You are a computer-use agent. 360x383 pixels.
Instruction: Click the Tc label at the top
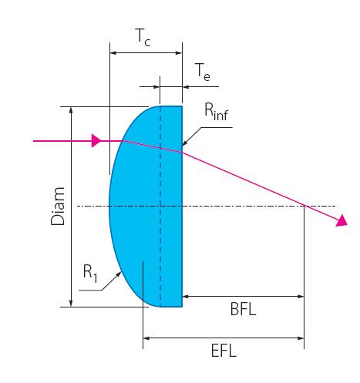143,38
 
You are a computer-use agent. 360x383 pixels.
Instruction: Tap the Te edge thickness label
203,72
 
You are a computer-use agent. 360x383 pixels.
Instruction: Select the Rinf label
217,112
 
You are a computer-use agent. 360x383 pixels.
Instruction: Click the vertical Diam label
58,207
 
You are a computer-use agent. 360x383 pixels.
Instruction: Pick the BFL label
243,309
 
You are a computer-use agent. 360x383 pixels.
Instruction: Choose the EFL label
224,351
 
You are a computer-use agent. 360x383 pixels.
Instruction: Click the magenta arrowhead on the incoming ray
96,141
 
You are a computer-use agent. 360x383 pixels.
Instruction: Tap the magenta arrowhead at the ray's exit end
341,221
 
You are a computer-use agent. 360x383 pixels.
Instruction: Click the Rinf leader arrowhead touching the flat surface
185,143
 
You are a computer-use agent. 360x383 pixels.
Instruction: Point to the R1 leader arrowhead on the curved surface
119,274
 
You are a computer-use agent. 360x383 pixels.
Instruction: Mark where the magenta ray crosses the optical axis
304,206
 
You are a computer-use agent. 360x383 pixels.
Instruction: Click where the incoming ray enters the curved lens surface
123,141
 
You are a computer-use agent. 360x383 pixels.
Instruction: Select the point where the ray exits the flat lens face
182,152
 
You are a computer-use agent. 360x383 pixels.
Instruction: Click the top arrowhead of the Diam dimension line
71,110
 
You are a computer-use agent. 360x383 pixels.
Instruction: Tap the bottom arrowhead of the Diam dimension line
71,303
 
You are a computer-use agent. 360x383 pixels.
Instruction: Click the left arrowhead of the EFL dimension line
146,338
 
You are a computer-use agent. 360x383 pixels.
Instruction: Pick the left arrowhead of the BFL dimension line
186,297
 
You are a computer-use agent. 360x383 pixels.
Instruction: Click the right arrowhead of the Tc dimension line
179,53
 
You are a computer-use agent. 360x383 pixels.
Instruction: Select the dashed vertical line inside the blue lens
160,207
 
